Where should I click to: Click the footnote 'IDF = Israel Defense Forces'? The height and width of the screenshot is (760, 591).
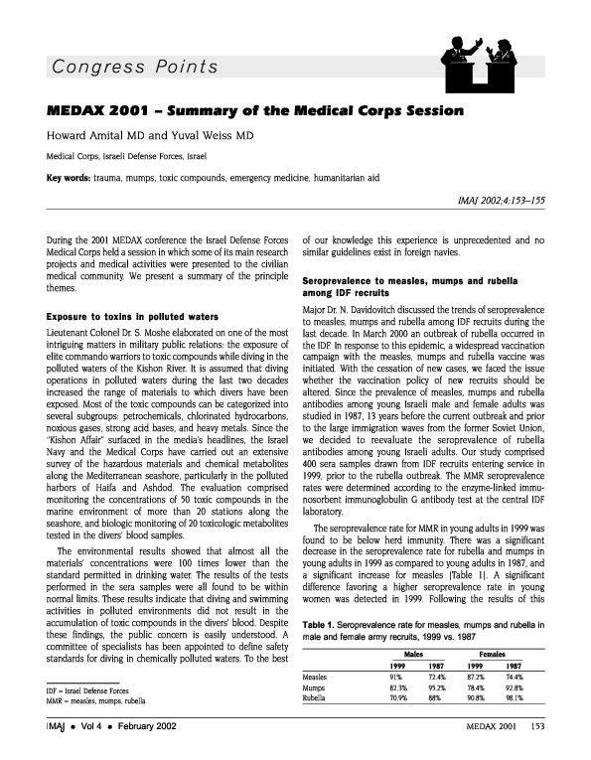tap(86, 689)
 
